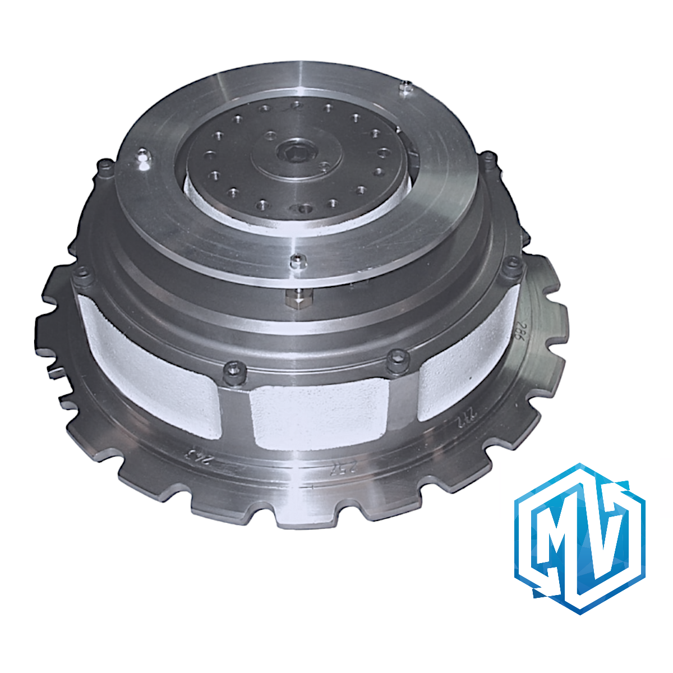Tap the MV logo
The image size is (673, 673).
[580, 538]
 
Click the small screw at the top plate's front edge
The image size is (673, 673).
[297, 260]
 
